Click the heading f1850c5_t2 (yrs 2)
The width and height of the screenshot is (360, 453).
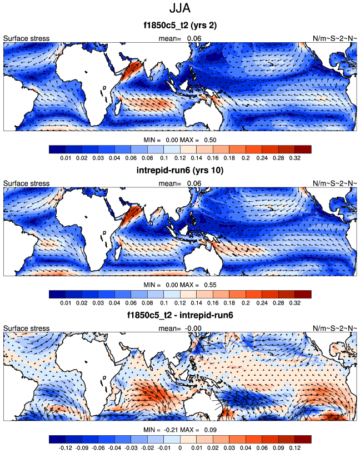[180, 26]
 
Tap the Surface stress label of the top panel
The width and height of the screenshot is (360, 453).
[27, 38]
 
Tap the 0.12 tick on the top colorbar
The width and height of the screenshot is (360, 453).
[180, 157]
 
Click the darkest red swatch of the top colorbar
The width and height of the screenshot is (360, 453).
[303, 149]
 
